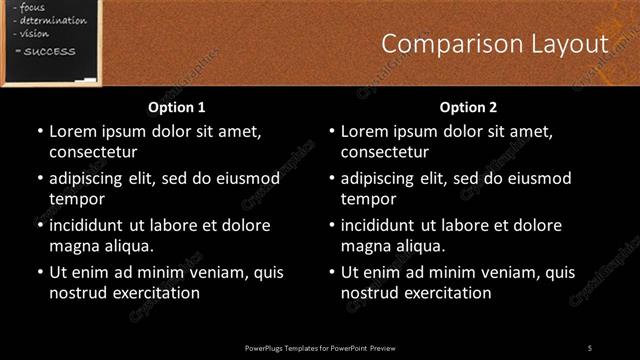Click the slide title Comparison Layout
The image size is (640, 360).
click(x=495, y=44)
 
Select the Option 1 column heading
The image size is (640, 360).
click(x=177, y=107)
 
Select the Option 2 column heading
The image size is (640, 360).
click(x=468, y=107)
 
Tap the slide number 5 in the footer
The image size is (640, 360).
click(x=590, y=347)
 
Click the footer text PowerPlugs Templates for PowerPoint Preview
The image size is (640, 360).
click(x=320, y=347)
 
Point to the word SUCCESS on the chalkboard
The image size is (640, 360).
click(x=43, y=50)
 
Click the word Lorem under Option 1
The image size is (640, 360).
click(x=73, y=131)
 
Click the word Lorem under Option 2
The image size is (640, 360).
click(x=365, y=131)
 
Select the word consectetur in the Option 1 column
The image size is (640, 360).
click(x=93, y=152)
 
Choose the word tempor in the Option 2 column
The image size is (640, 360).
click(x=369, y=199)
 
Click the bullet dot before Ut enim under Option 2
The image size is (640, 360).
click(x=332, y=272)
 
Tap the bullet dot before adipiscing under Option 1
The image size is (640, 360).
click(x=40, y=179)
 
